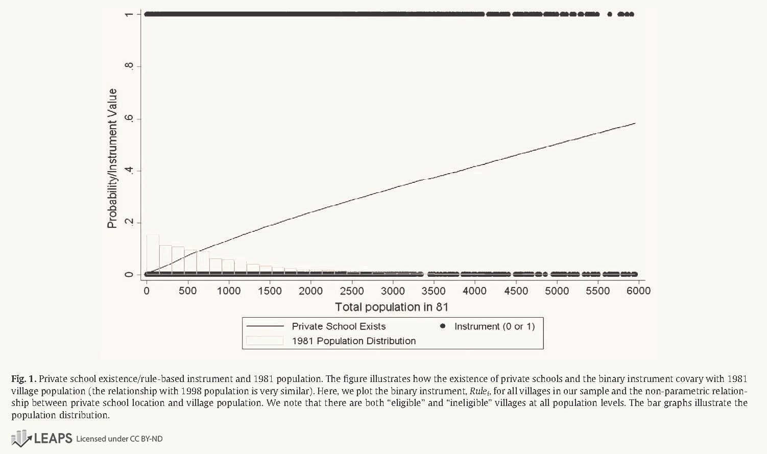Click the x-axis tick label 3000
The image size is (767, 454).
pos(393,291)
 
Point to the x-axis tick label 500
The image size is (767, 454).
pos(187,291)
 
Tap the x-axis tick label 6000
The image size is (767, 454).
pos(638,291)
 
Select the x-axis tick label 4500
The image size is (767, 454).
pos(516,291)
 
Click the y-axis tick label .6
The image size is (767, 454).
pos(129,118)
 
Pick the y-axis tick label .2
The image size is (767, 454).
pos(129,222)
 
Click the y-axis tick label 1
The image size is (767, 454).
pos(129,14)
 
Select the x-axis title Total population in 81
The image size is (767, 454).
pos(392,307)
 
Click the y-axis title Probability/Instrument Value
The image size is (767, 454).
pos(112,158)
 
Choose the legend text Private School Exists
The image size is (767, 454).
pos(339,326)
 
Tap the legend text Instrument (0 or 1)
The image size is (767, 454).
pos(494,326)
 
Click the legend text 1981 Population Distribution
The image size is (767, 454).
pos(353,341)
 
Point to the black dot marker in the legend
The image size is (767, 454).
pos(443,326)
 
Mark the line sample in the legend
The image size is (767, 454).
pos(265,326)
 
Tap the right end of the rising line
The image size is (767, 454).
pos(635,123)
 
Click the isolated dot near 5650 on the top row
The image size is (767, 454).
pos(609,14)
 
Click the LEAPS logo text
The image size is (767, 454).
pos(53,438)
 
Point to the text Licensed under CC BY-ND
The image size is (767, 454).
pos(119,439)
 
